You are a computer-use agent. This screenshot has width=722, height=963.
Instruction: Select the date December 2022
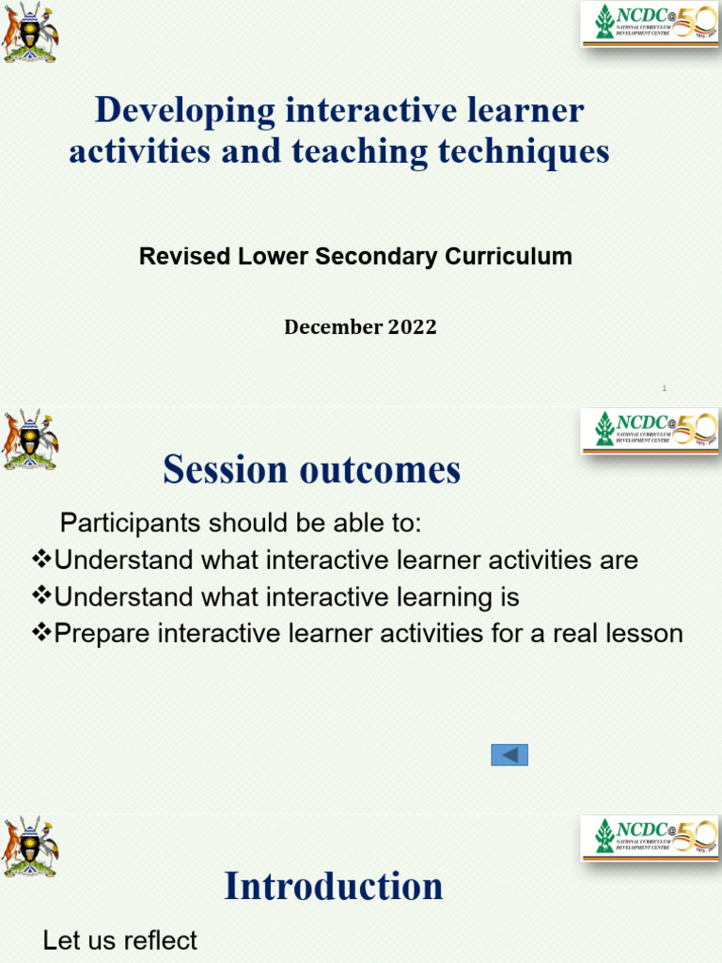coord(360,327)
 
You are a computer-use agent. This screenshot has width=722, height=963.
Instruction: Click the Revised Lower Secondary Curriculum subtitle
coord(355,257)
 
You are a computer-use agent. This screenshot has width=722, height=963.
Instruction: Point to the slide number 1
coord(664,387)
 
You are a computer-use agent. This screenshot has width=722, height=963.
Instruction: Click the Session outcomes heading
coord(311,470)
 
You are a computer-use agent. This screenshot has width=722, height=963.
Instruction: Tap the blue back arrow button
coord(510,755)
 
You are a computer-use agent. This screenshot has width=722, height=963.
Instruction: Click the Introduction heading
coord(333,887)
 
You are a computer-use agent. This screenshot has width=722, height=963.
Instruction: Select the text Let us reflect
coord(120,940)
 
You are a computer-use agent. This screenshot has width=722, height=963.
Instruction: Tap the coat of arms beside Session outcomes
coord(30,439)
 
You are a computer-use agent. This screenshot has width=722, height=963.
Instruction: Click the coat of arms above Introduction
coord(30,846)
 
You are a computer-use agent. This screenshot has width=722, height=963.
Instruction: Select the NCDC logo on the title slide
coord(650,24)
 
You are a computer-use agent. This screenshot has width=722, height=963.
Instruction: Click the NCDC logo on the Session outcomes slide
coord(650,430)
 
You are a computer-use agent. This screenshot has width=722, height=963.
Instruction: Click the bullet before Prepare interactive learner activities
coord(41,633)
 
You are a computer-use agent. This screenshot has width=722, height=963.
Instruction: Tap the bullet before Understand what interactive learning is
coord(41,596)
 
